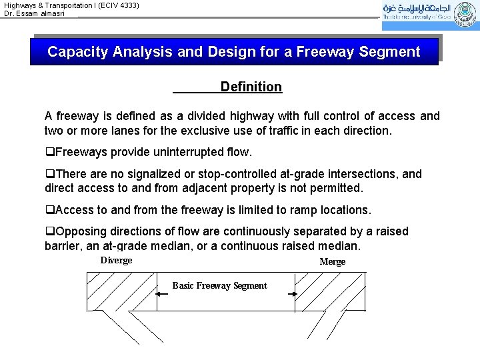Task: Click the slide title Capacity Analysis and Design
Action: [x=233, y=52]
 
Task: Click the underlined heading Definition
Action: [x=251, y=87]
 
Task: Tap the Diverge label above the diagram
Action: [x=116, y=260]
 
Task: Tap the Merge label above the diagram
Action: [x=332, y=261]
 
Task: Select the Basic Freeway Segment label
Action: [x=219, y=285]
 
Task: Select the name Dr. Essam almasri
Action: [x=35, y=13]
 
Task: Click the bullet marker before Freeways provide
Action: [x=49, y=152]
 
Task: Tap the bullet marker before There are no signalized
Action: [x=49, y=174]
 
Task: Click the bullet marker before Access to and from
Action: [x=49, y=210]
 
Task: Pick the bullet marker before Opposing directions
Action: [x=49, y=231]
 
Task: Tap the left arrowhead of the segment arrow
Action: [x=159, y=294]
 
